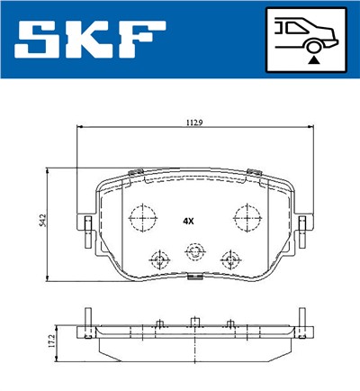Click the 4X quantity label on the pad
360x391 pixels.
click(x=188, y=219)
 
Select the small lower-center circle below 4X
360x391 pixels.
click(x=192, y=252)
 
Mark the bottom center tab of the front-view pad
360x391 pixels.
click(x=192, y=280)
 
